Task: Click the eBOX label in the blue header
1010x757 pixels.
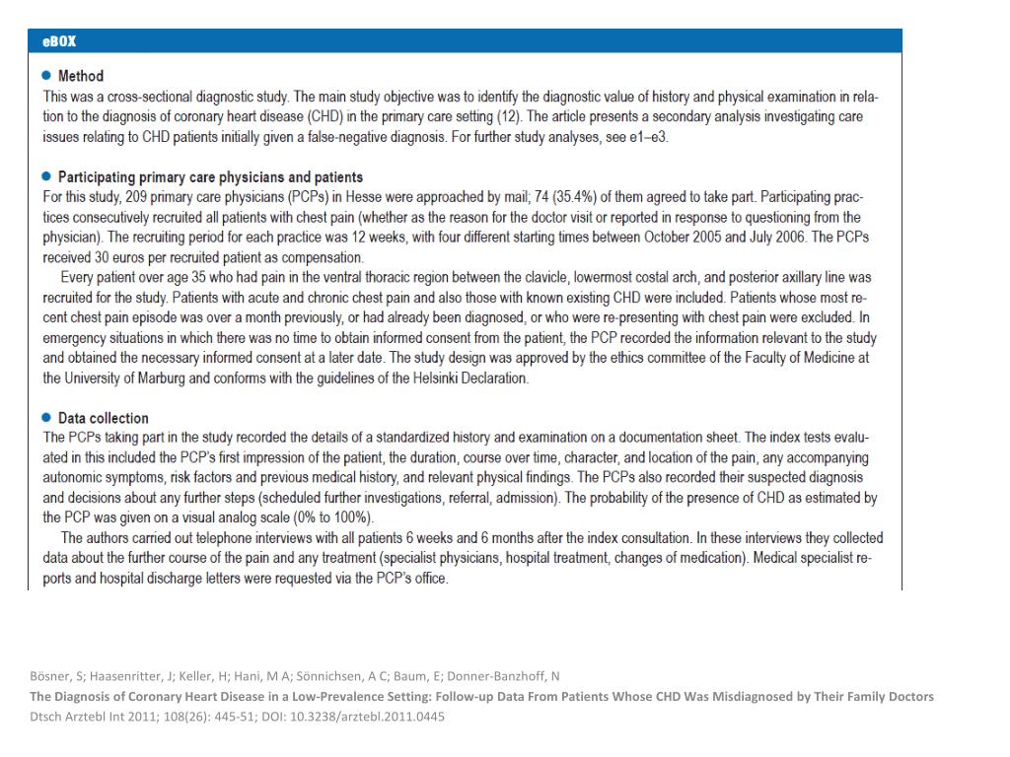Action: (59, 41)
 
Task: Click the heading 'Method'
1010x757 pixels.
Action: (81, 76)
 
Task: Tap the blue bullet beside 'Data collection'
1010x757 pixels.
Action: (46, 418)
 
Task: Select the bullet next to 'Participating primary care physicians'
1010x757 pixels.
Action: (46, 177)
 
